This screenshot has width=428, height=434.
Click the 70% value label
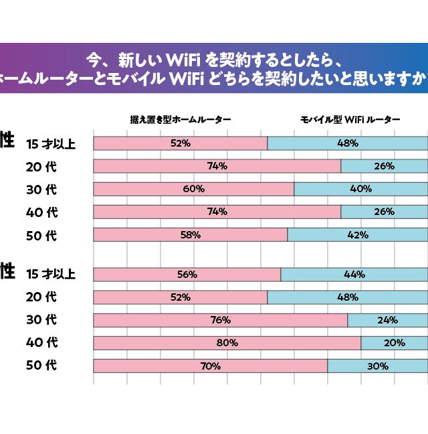click(x=211, y=366)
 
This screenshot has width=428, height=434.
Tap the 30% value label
click(x=378, y=366)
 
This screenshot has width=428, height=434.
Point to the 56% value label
click(x=187, y=274)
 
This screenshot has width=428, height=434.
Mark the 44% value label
click(x=354, y=274)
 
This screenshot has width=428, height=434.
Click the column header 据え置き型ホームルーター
click(x=181, y=120)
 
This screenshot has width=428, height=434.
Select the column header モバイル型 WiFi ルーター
click(x=349, y=120)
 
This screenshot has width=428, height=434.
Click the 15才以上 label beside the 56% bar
click(x=51, y=274)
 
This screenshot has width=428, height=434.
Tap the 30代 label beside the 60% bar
click(x=41, y=190)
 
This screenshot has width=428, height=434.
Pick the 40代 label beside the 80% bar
click(x=41, y=343)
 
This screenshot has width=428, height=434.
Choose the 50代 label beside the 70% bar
click(x=41, y=366)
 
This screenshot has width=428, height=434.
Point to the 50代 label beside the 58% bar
click(x=41, y=235)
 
